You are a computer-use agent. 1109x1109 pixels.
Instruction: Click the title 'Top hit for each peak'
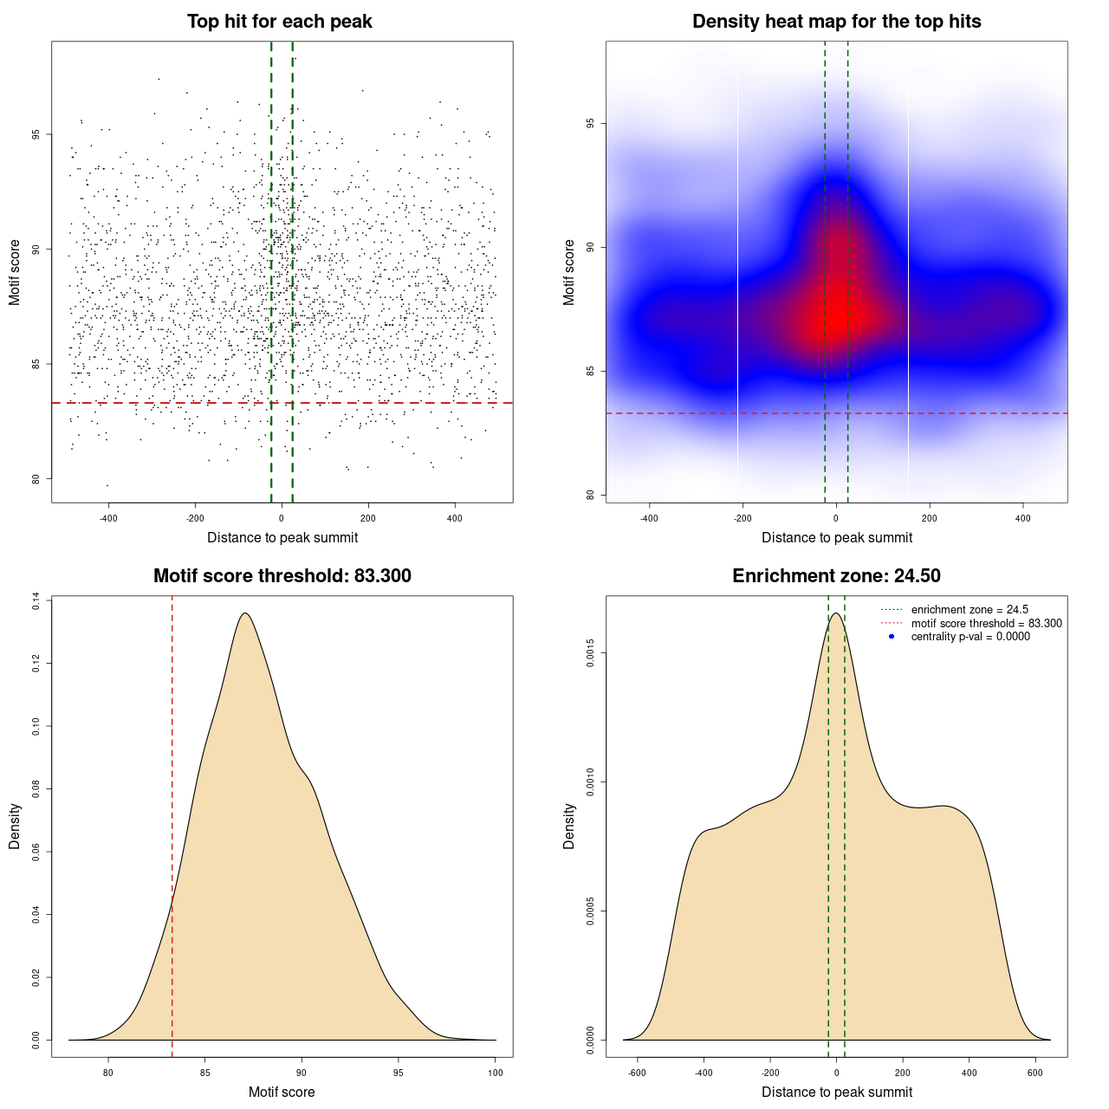pyautogui.click(x=279, y=22)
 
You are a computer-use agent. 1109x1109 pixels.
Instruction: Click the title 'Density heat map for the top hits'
pyautogui.click(x=836, y=22)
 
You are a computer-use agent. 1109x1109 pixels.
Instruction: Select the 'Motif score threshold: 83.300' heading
pyautogui.click(x=282, y=576)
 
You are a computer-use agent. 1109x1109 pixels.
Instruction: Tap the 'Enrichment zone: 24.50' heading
pyautogui.click(x=836, y=576)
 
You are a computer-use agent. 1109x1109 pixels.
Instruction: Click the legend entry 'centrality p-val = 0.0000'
pyautogui.click(x=970, y=637)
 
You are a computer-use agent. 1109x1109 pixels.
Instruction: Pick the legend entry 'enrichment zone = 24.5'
pyautogui.click(x=970, y=610)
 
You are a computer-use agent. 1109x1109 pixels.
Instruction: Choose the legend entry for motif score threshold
pyautogui.click(x=986, y=624)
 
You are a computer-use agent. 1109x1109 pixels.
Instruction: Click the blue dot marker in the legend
pyautogui.click(x=892, y=637)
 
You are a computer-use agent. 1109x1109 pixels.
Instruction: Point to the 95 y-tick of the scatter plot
pyautogui.click(x=36, y=134)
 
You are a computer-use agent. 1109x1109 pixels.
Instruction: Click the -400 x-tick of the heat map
pyautogui.click(x=649, y=518)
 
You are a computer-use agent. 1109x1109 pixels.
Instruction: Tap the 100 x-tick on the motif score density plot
pyautogui.click(x=495, y=1073)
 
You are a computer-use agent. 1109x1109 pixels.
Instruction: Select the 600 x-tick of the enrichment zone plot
pyautogui.click(x=1035, y=1073)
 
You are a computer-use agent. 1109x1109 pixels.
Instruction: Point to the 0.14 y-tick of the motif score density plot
pyautogui.click(x=36, y=601)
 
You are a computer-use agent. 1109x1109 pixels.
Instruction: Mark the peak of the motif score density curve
pyautogui.click(x=245, y=613)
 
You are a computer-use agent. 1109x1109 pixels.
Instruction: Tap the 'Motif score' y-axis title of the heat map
pyautogui.click(x=569, y=273)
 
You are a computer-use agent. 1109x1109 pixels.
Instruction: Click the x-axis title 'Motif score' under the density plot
pyautogui.click(x=282, y=1092)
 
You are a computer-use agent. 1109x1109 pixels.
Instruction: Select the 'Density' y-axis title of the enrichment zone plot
pyautogui.click(x=569, y=826)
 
